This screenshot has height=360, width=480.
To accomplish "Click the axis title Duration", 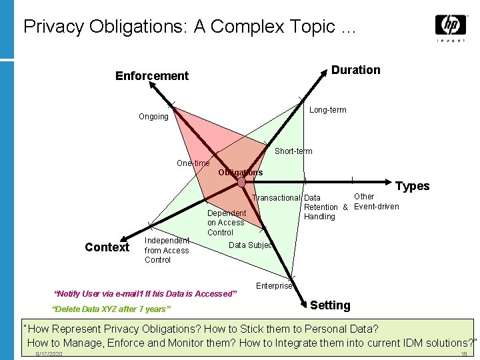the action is [355, 70].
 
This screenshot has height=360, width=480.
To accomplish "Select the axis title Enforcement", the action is [152, 76].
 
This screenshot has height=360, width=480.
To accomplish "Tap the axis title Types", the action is [413, 186].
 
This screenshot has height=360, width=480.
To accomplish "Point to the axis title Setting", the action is [330, 305].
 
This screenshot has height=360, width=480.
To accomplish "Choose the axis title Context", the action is [107, 247].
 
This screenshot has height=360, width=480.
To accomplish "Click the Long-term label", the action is [328, 110].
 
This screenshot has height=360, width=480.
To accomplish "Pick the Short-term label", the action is [293, 151].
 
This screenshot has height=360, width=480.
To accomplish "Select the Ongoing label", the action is [153, 117].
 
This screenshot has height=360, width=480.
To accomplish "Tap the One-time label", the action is [193, 163].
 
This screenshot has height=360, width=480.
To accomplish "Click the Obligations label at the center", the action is [241, 173].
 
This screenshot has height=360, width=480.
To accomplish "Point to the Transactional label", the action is [277, 198].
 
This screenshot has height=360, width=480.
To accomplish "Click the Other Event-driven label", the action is [376, 201].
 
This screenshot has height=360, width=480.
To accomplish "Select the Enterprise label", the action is [274, 286].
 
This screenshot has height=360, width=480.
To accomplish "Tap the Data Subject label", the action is [250, 245].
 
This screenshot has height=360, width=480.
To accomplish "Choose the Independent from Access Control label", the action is [167, 250].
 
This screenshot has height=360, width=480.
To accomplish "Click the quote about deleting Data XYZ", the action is [111, 309].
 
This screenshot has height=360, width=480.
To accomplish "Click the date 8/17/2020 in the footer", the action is [49, 354].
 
